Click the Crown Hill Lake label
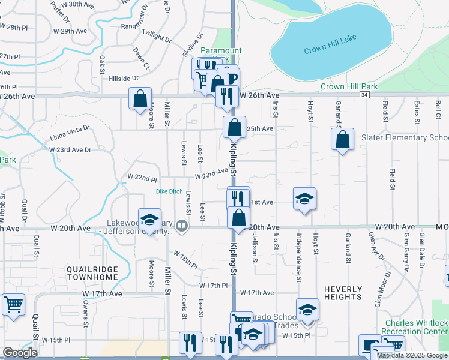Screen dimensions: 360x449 330,37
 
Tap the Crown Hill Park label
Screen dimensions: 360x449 349,86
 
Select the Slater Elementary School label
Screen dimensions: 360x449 405,137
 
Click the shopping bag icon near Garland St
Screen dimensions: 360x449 342,140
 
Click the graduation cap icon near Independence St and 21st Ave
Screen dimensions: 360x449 305,198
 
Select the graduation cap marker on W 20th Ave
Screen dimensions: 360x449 149,220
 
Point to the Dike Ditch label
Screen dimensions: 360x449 169,191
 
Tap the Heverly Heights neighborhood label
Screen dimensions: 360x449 343,292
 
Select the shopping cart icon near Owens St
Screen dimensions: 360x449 13,304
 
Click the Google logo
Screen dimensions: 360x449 20,353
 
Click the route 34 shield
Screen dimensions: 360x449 364,95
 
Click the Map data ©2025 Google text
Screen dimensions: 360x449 412,355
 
